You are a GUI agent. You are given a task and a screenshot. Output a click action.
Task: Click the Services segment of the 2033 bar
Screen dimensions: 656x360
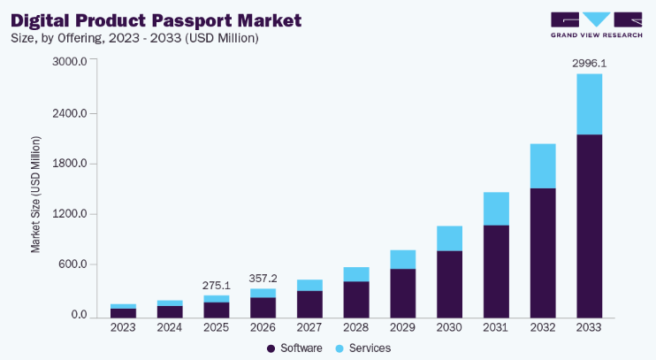click(x=589, y=104)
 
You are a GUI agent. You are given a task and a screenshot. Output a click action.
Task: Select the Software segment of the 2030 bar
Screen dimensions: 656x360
click(x=449, y=284)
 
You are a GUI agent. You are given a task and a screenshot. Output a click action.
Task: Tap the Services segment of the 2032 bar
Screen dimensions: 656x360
click(x=543, y=166)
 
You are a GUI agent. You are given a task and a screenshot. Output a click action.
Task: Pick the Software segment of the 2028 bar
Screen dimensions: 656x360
click(x=356, y=300)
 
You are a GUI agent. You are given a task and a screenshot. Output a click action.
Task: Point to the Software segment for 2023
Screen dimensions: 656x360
click(x=123, y=313)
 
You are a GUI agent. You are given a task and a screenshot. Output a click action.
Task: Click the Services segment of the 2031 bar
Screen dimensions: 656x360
click(x=496, y=209)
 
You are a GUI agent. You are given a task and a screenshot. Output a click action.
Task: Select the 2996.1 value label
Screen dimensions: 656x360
click(x=589, y=64)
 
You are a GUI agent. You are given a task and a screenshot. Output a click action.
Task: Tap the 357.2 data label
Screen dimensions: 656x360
click(x=263, y=279)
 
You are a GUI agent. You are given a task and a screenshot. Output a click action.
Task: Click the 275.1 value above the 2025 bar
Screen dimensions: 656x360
click(x=217, y=286)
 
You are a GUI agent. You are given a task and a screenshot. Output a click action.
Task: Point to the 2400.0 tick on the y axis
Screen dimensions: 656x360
click(x=70, y=113)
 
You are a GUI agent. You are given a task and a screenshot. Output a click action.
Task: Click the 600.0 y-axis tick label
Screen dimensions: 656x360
click(x=72, y=264)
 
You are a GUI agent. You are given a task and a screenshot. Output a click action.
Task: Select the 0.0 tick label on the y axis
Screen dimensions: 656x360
click(x=79, y=315)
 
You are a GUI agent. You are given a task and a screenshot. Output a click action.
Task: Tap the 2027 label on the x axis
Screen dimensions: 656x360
click(x=309, y=327)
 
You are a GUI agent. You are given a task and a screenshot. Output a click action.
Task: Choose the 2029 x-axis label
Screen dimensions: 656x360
click(x=402, y=327)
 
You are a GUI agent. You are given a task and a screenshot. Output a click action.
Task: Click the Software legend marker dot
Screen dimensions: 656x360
click(x=271, y=349)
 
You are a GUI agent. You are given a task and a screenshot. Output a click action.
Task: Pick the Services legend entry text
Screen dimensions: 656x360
click(x=370, y=349)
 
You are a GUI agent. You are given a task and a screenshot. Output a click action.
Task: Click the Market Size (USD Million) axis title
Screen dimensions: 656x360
click(x=36, y=195)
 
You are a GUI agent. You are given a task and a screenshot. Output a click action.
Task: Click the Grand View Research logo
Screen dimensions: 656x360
click(x=597, y=25)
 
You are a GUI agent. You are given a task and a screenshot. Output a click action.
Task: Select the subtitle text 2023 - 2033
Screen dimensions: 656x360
click(x=145, y=38)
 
